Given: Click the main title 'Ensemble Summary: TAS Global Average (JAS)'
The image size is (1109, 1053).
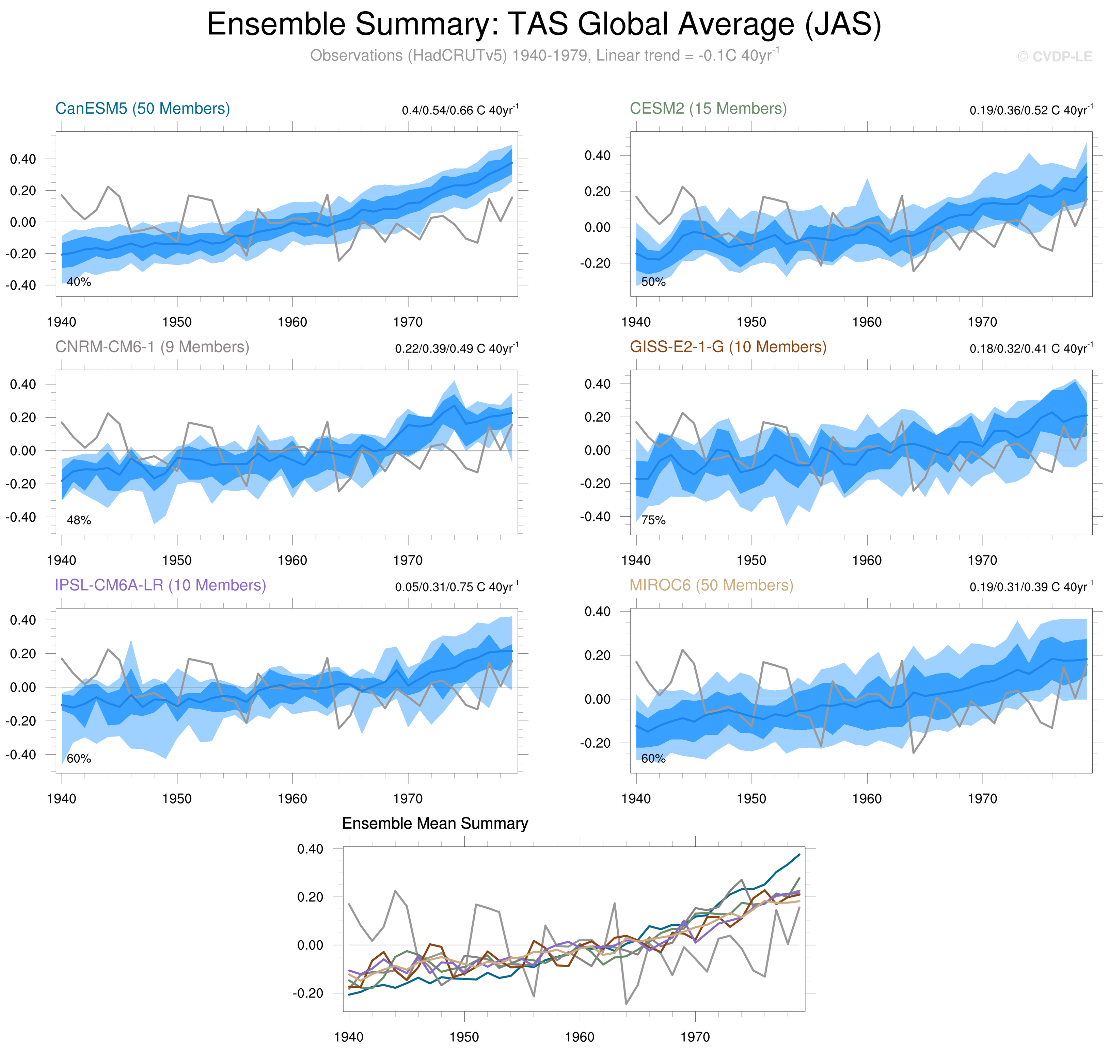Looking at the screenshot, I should click(543, 25).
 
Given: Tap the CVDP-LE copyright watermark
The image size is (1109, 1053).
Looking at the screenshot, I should click(1055, 57).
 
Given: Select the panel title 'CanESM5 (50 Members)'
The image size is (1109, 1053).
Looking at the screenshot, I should click(143, 108).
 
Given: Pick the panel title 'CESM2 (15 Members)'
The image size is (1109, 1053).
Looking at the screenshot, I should click(708, 108).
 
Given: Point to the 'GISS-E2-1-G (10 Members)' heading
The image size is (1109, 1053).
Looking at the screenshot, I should click(728, 347).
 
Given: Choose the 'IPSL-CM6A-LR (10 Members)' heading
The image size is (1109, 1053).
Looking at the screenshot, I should click(160, 585).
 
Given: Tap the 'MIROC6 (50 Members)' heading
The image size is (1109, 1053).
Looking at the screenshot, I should click(711, 585).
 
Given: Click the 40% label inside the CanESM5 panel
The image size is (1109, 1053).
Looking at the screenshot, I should click(79, 282).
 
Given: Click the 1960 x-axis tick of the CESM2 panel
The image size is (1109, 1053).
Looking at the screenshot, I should click(867, 322).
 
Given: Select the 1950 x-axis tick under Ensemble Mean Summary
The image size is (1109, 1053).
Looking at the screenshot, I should click(464, 1037).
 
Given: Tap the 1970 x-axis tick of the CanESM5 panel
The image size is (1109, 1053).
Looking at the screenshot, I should click(408, 322).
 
